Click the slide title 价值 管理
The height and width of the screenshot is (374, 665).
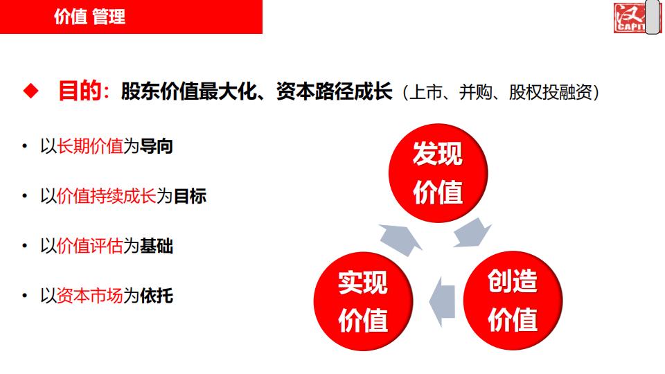tap(89, 17)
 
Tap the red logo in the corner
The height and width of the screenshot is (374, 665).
tap(630, 17)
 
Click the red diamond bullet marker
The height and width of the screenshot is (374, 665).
tap(30, 91)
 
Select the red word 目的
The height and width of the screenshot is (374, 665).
tap(80, 91)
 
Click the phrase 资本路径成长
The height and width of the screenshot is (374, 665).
tap(334, 91)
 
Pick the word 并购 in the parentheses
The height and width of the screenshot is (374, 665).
tap(475, 92)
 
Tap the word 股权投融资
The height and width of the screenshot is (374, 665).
tap(551, 92)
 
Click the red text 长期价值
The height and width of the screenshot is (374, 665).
tap(90, 146)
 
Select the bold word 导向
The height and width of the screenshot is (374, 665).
tap(157, 146)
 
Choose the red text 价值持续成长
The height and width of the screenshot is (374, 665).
tap(107, 196)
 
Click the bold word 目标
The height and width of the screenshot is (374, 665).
tap(190, 196)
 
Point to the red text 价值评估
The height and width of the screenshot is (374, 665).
tap(90, 246)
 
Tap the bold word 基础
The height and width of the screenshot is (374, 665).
tap(157, 246)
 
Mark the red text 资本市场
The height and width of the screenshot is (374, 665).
tap(90, 296)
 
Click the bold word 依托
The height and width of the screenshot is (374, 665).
tap(157, 296)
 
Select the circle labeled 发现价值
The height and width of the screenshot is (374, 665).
tap(438, 173)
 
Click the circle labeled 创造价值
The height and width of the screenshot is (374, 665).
tap(513, 301)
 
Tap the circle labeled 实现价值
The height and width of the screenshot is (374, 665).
tap(364, 301)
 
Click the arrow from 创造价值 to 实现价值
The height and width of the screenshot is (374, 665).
tap(442, 302)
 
